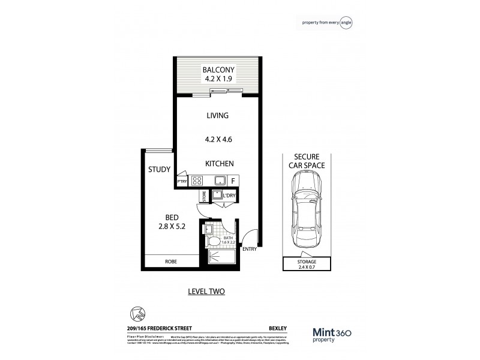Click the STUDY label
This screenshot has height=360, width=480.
click(159, 170)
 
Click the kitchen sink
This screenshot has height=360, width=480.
click(220, 180)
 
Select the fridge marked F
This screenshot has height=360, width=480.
click(233, 180)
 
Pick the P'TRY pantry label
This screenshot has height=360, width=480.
click(181, 181)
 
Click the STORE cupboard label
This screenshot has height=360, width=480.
click(203, 196)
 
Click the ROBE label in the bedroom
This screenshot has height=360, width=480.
click(171, 262)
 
